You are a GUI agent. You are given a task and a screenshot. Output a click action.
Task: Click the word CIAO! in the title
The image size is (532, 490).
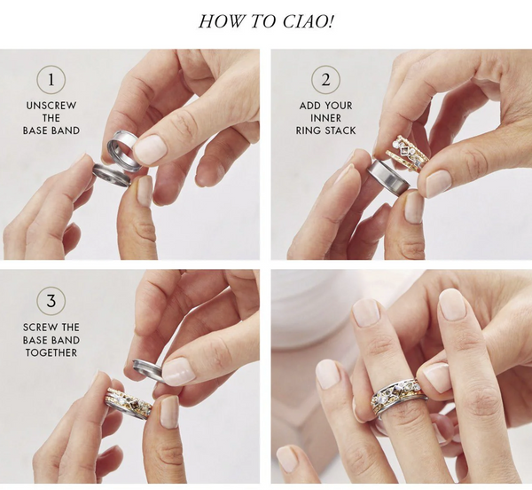click(308, 21)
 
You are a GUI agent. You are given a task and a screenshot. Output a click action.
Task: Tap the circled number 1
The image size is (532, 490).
click(51, 80)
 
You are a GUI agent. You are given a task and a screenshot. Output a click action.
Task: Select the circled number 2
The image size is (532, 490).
click(325, 80)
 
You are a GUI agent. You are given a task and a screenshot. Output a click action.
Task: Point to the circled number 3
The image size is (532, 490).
click(51, 301)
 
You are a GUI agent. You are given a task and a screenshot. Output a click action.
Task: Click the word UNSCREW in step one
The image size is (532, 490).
click(51, 106)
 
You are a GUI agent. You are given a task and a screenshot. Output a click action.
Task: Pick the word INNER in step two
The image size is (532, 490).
click(325, 118)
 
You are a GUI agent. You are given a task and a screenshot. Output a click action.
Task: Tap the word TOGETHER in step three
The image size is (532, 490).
click(51, 352)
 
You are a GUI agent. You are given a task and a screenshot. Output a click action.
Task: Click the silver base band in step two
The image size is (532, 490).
click(389, 176)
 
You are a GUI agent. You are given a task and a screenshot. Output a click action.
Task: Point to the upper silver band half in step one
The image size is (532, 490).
click(123, 148)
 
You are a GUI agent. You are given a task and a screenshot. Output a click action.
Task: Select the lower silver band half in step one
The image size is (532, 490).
click(112, 174)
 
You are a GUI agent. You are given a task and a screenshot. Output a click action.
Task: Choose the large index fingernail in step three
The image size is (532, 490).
click(178, 372)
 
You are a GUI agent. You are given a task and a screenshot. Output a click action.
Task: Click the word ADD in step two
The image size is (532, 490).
click(307, 106)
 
